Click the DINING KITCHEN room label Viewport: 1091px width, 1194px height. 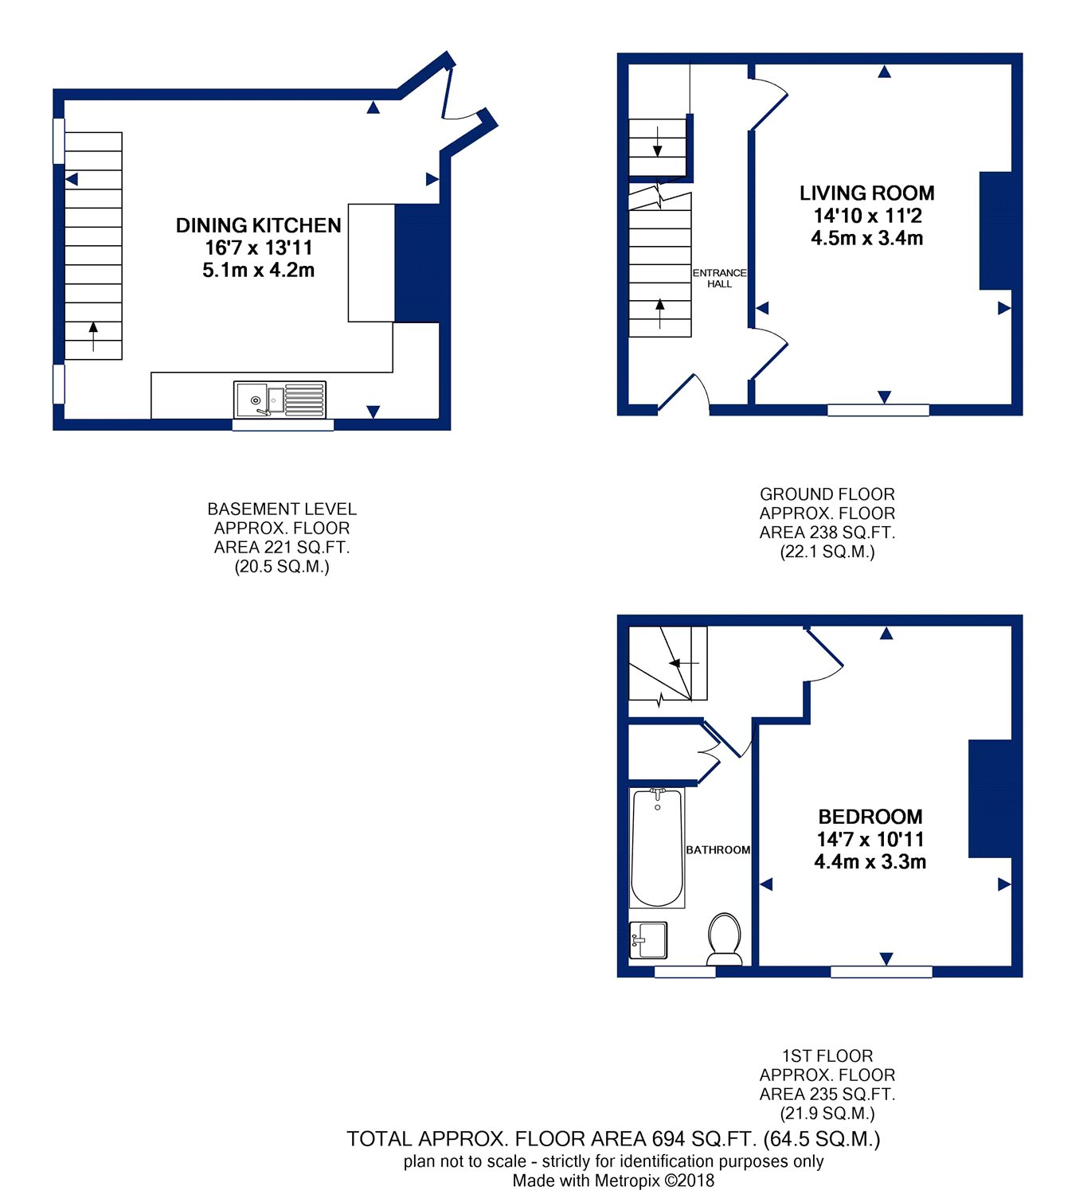click(x=259, y=225)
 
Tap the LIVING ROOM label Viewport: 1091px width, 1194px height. click(x=866, y=193)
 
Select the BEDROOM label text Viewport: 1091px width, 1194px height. click(x=870, y=816)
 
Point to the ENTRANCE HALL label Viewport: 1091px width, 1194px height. click(x=719, y=278)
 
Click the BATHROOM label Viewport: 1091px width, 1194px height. click(x=718, y=849)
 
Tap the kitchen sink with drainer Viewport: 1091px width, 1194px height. click(x=280, y=400)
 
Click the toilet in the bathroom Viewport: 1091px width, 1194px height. click(x=724, y=938)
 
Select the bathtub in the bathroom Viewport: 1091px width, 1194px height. click(x=657, y=848)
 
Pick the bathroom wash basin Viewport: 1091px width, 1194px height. click(x=648, y=940)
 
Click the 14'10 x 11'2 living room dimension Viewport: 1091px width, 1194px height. click(x=867, y=216)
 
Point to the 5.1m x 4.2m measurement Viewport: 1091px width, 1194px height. click(x=259, y=270)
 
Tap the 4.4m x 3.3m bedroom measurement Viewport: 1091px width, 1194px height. click(x=870, y=861)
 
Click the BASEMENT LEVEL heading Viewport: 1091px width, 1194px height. click(x=282, y=509)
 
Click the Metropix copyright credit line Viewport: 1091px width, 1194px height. click(x=613, y=1180)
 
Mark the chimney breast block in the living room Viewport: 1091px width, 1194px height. click(x=995, y=231)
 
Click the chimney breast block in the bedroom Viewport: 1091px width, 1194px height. click(x=990, y=798)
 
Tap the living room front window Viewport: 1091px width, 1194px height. click(x=878, y=409)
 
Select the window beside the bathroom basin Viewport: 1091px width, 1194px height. click(x=685, y=972)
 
